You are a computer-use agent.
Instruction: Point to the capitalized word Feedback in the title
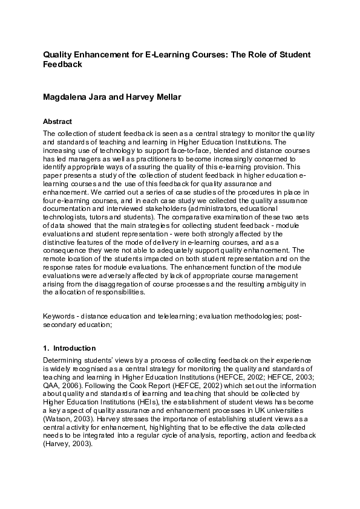(62, 64)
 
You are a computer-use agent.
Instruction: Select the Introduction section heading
(74, 348)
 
